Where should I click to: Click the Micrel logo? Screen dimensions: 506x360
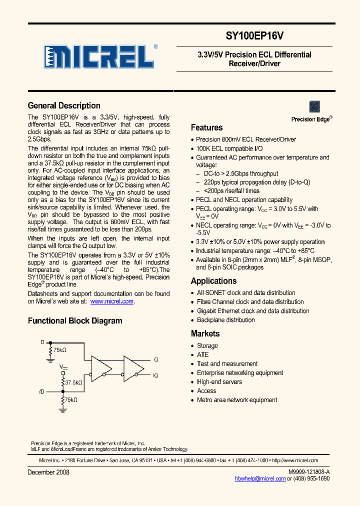click(x=99, y=56)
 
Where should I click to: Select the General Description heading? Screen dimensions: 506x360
click(x=64, y=105)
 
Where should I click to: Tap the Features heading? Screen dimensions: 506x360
click(x=206, y=127)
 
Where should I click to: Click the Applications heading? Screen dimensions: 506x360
click(x=213, y=281)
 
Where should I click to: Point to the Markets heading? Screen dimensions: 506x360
click(x=205, y=333)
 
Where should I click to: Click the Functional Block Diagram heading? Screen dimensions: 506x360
click(x=75, y=321)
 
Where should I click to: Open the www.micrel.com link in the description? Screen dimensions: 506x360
click(x=112, y=301)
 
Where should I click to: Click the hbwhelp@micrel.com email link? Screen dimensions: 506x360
click(x=260, y=478)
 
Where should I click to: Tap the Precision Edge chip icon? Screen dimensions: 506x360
click(x=314, y=106)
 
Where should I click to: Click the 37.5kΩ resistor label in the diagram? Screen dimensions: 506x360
click(x=73, y=382)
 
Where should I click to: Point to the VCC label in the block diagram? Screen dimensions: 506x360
click(x=63, y=367)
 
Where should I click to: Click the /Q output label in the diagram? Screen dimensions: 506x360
click(x=155, y=375)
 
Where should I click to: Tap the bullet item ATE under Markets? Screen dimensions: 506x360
click(x=202, y=355)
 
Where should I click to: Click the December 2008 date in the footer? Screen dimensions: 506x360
click(x=48, y=472)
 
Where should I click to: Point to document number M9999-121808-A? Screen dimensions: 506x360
click(x=309, y=472)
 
